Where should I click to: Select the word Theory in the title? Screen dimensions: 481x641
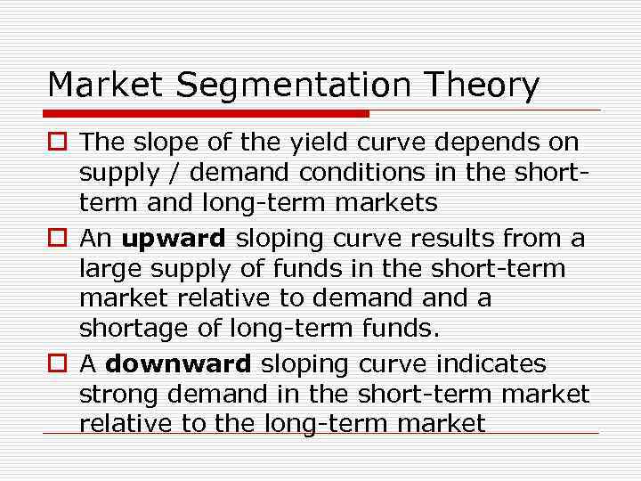(483, 86)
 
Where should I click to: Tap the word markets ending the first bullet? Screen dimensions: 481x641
(385, 203)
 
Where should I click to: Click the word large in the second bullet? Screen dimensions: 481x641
(105, 269)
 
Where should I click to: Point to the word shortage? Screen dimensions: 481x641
(134, 330)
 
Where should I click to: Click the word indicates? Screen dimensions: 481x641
(494, 364)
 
